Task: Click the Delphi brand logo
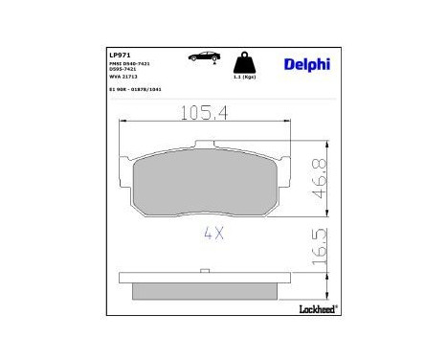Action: (x=306, y=64)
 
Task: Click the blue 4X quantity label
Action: (x=212, y=234)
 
